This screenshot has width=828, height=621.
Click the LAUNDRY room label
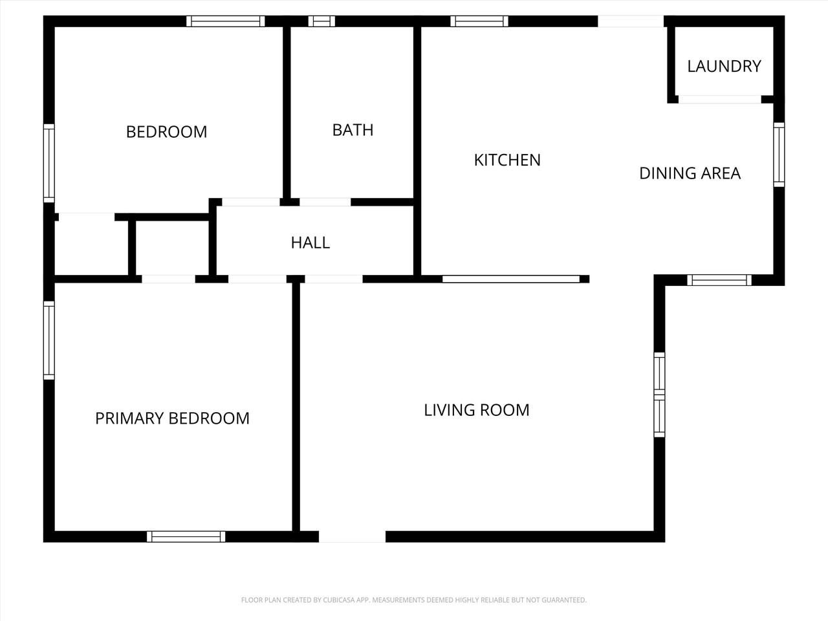pyautogui.click(x=724, y=66)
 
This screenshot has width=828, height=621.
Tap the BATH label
pyautogui.click(x=353, y=130)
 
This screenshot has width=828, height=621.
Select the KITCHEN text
pyautogui.click(x=507, y=160)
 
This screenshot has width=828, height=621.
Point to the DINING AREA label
pyautogui.click(x=690, y=173)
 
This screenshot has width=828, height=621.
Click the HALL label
pyautogui.click(x=310, y=243)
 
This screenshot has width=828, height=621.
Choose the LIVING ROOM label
pyautogui.click(x=477, y=410)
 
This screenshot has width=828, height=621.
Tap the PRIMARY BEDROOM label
pyautogui.click(x=172, y=419)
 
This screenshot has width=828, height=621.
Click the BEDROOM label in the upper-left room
pyautogui.click(x=166, y=132)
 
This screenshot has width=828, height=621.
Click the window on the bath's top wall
pyautogui.click(x=321, y=21)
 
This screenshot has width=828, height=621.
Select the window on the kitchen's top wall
pyautogui.click(x=479, y=21)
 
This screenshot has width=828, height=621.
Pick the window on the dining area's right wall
pyautogui.click(x=779, y=155)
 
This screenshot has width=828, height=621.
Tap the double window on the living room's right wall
pyautogui.click(x=659, y=395)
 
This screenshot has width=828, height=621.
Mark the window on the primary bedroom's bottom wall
pyautogui.click(x=186, y=536)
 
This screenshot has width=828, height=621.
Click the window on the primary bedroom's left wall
pyautogui.click(x=49, y=340)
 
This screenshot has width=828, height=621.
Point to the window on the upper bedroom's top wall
pyautogui.click(x=226, y=21)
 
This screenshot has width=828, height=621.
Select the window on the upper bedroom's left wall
pyautogui.click(x=49, y=163)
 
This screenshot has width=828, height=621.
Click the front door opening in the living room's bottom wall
pyautogui.click(x=353, y=537)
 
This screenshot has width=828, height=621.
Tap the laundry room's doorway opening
pyautogui.click(x=719, y=100)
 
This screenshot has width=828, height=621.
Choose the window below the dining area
pyautogui.click(x=719, y=280)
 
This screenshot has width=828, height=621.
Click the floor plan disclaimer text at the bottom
pyautogui.click(x=414, y=600)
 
